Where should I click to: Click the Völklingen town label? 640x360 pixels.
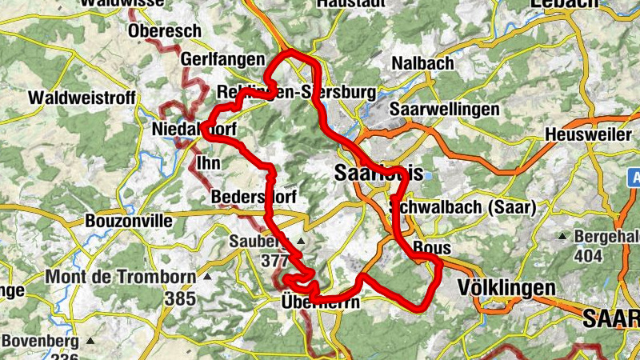tap(505, 287)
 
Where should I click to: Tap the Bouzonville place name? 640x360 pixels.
tap(123, 219)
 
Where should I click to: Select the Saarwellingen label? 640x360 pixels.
tap(444, 109)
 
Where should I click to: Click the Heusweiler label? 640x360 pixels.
tap(590, 135)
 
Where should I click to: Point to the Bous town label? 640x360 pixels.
tap(432, 247)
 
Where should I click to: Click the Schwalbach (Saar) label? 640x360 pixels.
tap(462, 206)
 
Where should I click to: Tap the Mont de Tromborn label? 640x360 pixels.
tap(120, 278)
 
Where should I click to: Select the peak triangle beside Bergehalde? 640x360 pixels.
tap(563, 236)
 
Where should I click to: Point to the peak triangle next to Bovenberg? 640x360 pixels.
tap(90, 341)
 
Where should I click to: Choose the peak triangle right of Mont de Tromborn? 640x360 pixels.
tap(206, 277)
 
